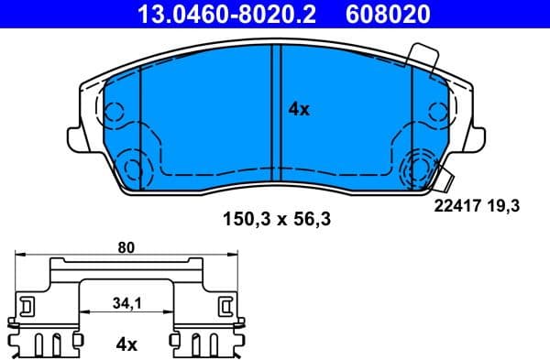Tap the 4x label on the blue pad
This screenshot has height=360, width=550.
(299, 109)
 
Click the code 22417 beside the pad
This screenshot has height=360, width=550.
(456, 207)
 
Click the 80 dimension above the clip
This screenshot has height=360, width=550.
(127, 245)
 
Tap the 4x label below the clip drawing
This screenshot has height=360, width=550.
(126, 344)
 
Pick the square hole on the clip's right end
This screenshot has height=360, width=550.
(225, 304)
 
